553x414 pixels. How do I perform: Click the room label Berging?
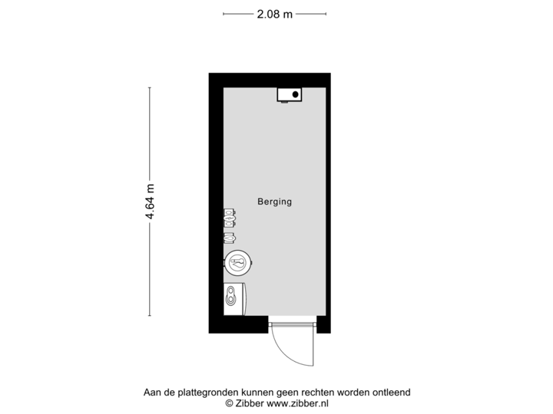275,202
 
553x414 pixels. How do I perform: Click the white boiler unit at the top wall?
290,94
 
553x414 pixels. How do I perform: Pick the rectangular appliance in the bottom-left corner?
234,298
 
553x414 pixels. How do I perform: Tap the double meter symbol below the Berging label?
230,217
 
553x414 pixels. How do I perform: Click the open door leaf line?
314,349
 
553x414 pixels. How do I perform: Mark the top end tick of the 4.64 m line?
150,87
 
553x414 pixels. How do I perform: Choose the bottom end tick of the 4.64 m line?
150,316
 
